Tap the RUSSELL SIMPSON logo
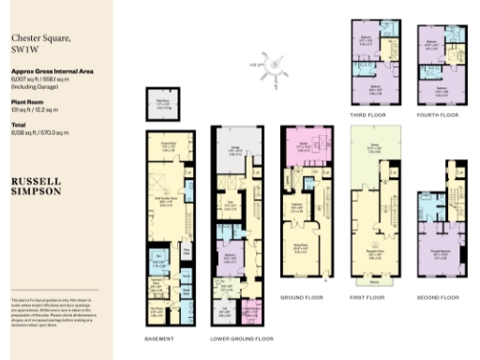point(37,183)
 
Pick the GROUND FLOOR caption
point(304,296)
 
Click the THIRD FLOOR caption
point(368,113)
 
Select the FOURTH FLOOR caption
point(439,113)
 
